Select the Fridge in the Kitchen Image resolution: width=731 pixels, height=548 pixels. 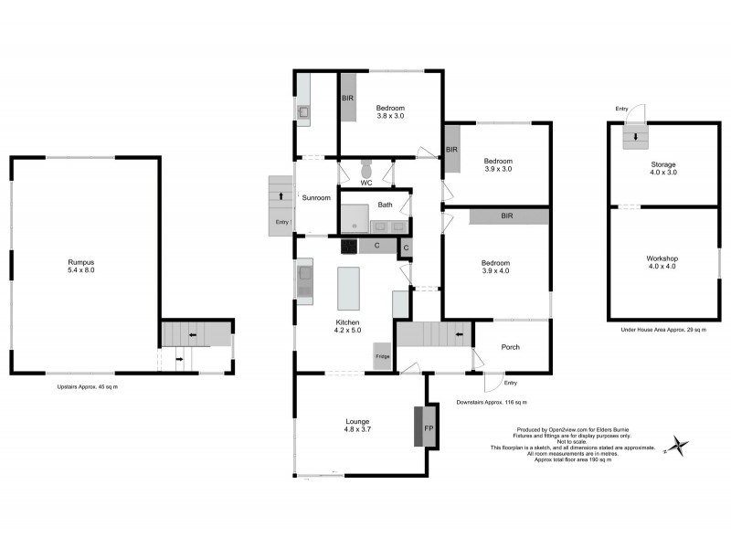coord(382,357)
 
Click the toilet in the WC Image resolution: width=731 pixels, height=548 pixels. coord(366,170)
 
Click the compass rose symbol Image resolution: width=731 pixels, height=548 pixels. coord(677,446)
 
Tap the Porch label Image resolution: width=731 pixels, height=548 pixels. coord(511,346)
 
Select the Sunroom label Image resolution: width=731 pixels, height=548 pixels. coord(316,197)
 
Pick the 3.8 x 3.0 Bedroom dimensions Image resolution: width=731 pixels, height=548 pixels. coord(390,117)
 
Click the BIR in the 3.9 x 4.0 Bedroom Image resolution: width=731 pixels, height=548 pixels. coord(506,216)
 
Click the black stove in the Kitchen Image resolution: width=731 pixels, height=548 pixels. coord(349,246)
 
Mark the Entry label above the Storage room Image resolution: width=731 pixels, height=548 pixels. coord(621,110)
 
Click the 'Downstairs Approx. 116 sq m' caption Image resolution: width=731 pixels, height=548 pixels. coord(491,403)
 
